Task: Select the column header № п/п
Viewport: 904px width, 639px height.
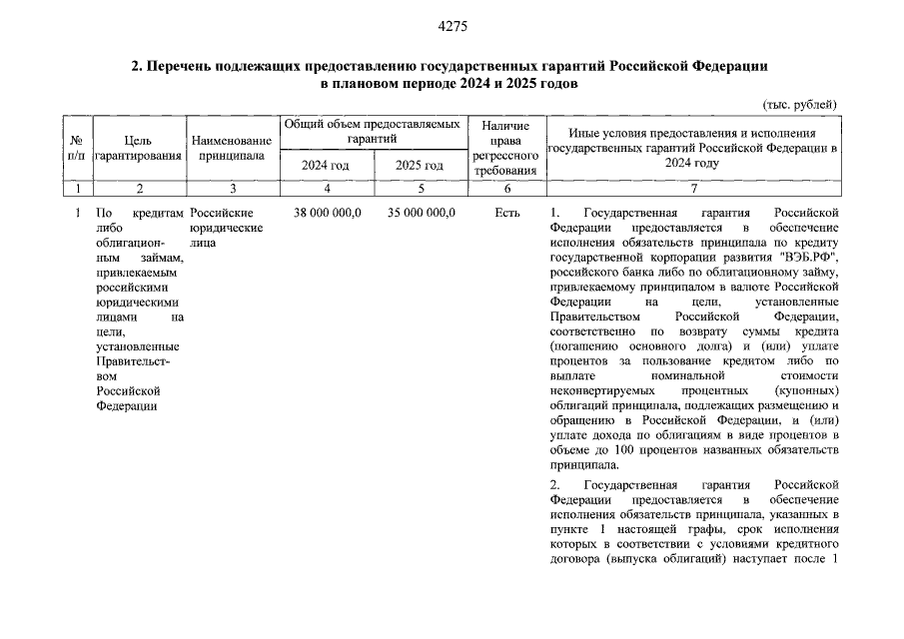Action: point(76,148)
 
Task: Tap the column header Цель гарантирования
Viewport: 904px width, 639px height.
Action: point(139,148)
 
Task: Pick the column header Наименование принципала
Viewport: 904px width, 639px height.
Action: point(232,148)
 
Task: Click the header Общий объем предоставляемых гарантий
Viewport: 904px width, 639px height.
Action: point(373,131)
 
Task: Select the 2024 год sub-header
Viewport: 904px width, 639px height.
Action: point(326,165)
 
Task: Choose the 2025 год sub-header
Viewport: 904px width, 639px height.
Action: point(420,165)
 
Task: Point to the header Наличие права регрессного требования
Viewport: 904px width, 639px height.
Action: point(505,148)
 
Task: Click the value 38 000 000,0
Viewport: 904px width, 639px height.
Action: point(326,213)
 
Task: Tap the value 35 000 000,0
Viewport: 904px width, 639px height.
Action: point(420,213)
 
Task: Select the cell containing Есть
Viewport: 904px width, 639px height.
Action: point(506,213)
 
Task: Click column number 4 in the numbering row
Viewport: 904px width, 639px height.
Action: point(326,188)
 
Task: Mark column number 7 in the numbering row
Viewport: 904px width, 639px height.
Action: point(693,188)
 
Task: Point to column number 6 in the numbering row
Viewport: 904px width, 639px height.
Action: point(506,188)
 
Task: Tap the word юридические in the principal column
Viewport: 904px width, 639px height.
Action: point(227,228)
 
